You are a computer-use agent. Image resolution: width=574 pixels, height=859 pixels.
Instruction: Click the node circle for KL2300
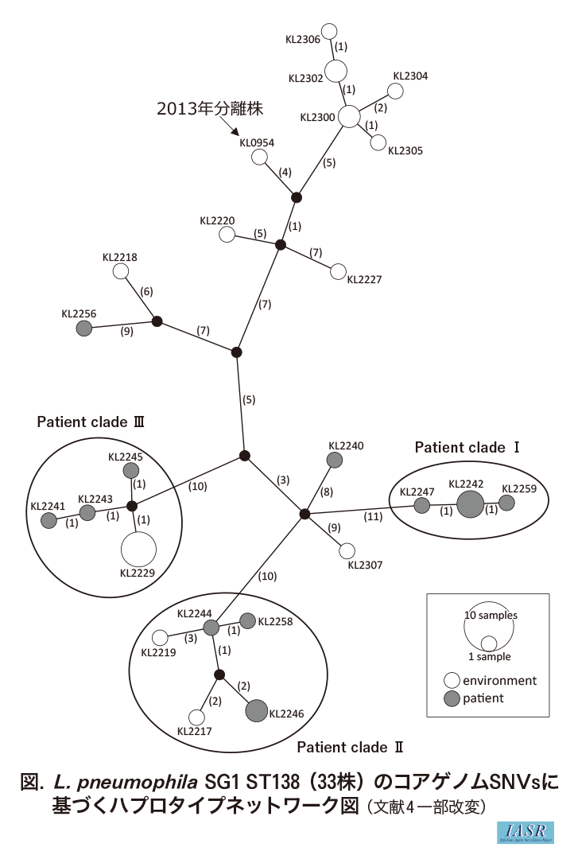[x=349, y=117]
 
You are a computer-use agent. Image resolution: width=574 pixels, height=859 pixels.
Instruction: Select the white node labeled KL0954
[x=259, y=157]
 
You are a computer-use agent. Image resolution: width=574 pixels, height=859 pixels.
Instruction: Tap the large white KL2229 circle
[x=138, y=550]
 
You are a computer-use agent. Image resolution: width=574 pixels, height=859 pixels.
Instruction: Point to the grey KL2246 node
[x=257, y=711]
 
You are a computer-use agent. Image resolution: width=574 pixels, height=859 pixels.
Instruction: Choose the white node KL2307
[x=347, y=550]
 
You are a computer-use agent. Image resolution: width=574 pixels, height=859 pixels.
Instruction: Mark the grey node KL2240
[x=335, y=460]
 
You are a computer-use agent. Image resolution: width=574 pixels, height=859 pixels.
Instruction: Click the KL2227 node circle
[x=338, y=272]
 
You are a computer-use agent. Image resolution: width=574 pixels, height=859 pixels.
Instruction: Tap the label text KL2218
[x=120, y=257]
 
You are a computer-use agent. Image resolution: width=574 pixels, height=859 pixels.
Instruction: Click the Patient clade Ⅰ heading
[x=467, y=448]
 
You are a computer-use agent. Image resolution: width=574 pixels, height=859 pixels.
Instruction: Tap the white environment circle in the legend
[x=452, y=681]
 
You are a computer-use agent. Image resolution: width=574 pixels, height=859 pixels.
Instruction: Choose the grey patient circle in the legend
[x=452, y=699]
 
